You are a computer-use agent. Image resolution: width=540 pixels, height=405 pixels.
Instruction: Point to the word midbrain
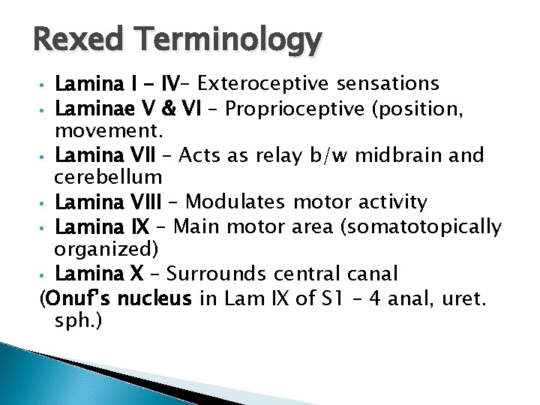(405, 155)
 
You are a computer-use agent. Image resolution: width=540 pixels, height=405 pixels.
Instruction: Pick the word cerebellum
(108, 178)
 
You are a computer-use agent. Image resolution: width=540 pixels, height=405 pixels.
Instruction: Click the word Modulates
(233, 202)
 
